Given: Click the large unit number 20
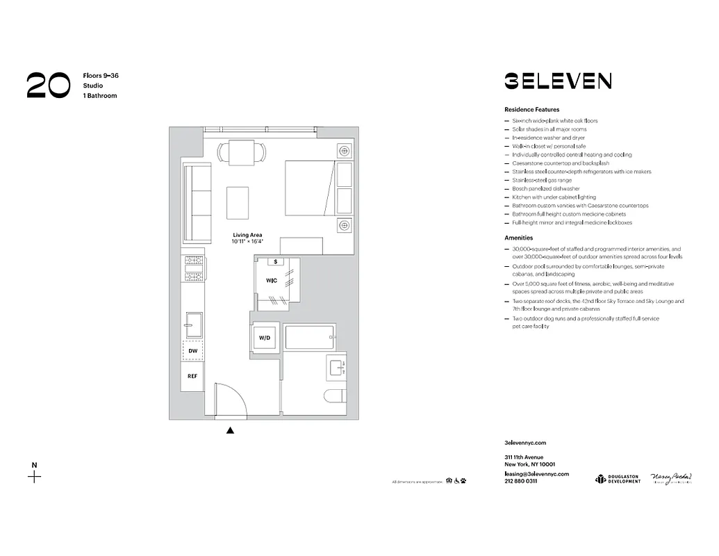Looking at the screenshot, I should [48, 85].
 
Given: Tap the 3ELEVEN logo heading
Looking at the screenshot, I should [558, 81].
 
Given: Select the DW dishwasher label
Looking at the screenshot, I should [193, 352].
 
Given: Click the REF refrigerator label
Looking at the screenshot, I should [193, 376].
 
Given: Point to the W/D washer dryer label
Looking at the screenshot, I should [265, 338].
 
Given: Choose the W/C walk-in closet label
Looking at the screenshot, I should [272, 281].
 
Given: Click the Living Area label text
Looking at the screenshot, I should [247, 235].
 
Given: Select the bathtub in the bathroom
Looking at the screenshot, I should [310, 338].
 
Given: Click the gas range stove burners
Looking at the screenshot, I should [193, 268].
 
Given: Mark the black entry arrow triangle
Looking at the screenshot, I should [230, 430].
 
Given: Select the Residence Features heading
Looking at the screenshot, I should [531, 110].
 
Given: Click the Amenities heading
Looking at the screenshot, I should [518, 238].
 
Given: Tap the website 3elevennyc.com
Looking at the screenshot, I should [525, 443].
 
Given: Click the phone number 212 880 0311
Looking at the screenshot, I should [520, 482].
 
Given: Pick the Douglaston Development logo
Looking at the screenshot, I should [617, 479].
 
